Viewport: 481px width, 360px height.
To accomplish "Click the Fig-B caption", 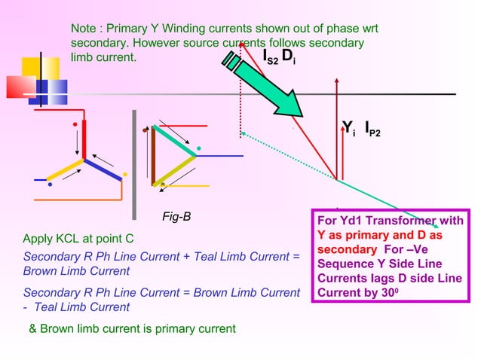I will [176, 217].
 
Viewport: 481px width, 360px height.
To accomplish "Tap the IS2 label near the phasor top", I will [270, 57].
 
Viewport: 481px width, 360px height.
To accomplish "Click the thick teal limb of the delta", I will [173, 141].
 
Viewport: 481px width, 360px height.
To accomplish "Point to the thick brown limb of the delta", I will [153, 156].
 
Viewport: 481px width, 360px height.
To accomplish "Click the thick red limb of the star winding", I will [84, 139].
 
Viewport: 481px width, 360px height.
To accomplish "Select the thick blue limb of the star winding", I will [103, 169].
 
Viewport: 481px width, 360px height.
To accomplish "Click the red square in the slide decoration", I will [17, 87].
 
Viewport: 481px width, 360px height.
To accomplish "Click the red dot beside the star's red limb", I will [75, 123].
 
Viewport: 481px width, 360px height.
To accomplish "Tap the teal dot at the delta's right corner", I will [199, 147].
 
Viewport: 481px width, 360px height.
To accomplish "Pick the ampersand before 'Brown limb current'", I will [32, 328].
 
